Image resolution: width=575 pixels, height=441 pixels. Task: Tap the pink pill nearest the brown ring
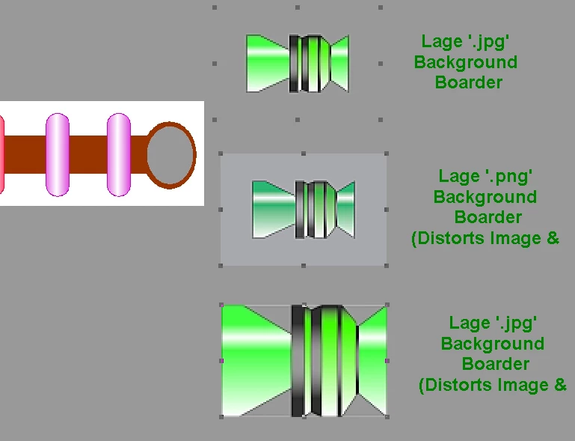(118, 154)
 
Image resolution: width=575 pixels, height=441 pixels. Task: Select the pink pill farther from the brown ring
(58, 154)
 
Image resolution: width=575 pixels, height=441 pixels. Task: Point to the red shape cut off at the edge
(1, 154)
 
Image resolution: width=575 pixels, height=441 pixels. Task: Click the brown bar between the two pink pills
(88, 154)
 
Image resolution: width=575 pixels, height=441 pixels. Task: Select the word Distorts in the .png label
(448, 239)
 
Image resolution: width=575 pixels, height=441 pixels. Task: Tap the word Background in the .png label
(485, 197)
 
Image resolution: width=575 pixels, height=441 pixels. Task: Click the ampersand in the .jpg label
(560, 385)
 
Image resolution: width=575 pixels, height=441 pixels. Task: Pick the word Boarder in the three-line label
(469, 82)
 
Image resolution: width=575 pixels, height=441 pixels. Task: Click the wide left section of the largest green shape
(256, 361)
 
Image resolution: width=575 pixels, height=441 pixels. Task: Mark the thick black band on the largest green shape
(298, 361)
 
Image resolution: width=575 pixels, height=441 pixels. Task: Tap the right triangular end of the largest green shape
(372, 361)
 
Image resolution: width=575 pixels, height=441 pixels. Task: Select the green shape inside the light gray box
(304, 210)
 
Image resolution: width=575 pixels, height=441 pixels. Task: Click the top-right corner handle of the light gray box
(386, 153)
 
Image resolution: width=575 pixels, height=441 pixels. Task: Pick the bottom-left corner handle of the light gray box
(221, 266)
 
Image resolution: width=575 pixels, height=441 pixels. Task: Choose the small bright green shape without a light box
(298, 64)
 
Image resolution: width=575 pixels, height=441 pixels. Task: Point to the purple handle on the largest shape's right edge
(387, 361)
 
